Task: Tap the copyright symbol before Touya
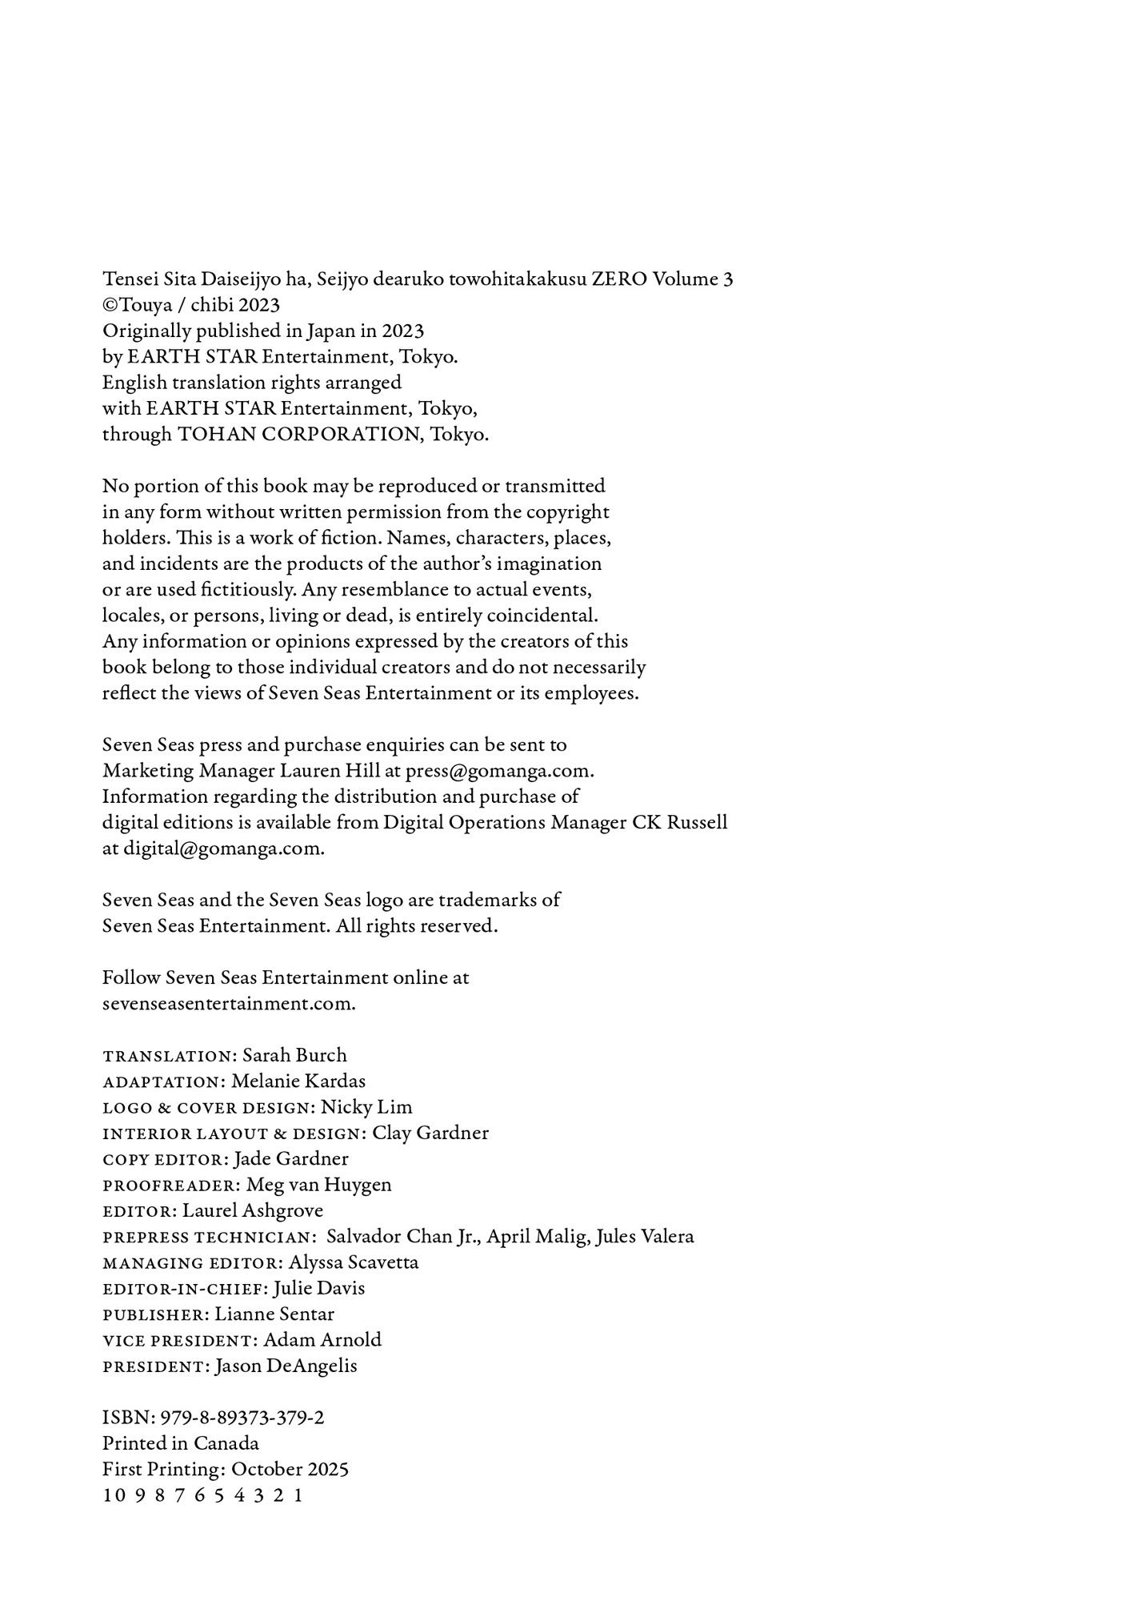(110, 305)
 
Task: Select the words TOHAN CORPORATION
(298, 435)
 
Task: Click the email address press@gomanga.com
(499, 771)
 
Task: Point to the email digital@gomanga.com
(223, 849)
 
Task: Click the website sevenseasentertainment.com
(229, 1004)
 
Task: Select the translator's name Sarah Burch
(294, 1055)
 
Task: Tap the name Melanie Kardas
(298, 1081)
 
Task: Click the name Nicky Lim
(366, 1107)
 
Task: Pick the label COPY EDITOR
(165, 1159)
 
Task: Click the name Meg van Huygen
(318, 1185)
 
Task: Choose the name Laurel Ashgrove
(253, 1210)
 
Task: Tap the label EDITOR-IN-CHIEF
(185, 1289)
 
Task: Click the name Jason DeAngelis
(286, 1366)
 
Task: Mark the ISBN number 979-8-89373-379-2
(242, 1418)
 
